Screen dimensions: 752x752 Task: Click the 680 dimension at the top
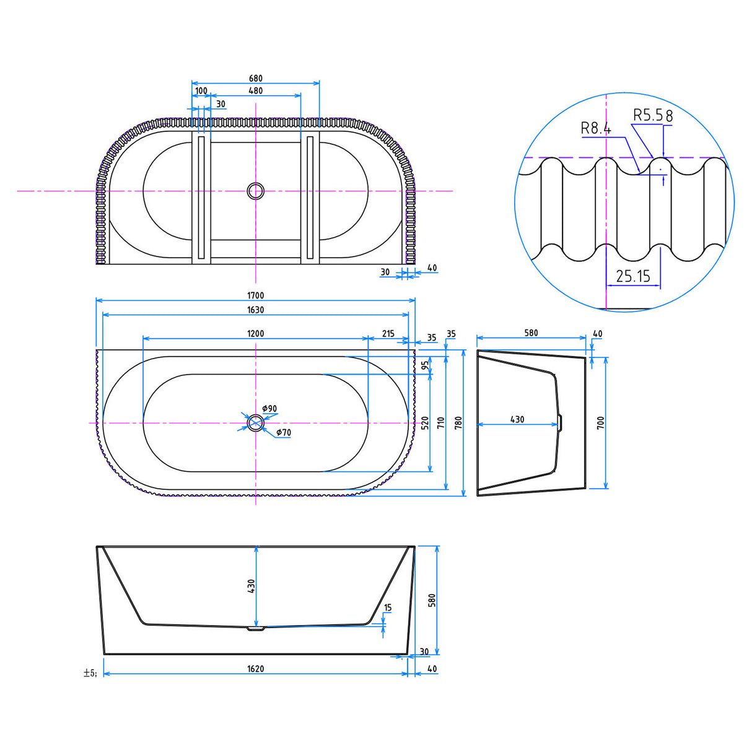[255, 79]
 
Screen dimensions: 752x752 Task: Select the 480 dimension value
[255, 91]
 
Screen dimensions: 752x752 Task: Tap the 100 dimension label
[201, 91]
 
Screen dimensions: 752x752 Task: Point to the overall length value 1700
[255, 296]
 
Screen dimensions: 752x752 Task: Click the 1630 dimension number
[255, 310]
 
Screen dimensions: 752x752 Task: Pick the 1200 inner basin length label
[255, 334]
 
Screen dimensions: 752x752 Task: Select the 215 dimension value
[388, 334]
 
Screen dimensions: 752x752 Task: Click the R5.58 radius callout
[652, 115]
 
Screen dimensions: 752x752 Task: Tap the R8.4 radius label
[596, 129]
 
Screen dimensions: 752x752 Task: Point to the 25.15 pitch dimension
[633, 276]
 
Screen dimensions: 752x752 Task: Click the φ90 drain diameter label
[269, 409]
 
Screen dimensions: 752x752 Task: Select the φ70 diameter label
[283, 432]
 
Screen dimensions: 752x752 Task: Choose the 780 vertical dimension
[458, 423]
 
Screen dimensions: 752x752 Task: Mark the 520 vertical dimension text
[425, 423]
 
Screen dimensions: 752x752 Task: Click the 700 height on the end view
[600, 423]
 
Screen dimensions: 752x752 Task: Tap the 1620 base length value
[255, 669]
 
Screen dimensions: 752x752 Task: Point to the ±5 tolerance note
[90, 673]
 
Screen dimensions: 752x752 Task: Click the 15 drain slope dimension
[388, 608]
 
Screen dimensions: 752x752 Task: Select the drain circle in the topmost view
[255, 191]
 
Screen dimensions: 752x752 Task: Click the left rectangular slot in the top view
[201, 197]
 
